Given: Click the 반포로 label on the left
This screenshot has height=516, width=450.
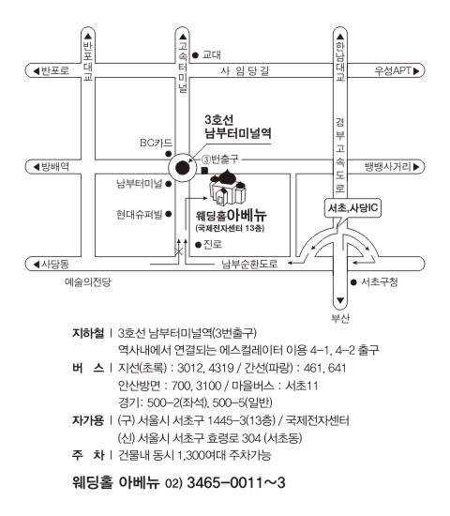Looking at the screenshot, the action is point(55,70).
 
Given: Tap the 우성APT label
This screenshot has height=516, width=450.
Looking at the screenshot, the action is point(393,70).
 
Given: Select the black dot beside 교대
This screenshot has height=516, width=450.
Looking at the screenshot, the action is point(195,55).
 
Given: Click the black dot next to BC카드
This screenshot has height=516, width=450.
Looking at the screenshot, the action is point(169,154).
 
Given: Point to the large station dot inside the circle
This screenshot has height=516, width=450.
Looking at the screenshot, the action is point(183,168).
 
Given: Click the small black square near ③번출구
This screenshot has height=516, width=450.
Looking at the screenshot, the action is point(204,170).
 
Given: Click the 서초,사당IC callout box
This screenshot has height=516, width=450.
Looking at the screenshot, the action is point(352,208).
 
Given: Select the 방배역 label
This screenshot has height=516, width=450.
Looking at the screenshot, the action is point(55,167).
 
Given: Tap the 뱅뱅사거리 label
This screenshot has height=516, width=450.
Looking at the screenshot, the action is point(388,167).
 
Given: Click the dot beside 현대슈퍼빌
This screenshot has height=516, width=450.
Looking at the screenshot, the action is point(169,214).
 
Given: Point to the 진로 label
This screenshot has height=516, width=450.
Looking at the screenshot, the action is point(213,244).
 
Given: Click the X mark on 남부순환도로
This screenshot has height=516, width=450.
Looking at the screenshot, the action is point(179,252).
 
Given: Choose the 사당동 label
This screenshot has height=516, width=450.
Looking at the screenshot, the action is point(55,264).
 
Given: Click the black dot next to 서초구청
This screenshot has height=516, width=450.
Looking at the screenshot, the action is point(353,282).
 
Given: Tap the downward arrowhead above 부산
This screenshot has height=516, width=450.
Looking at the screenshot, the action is point(340,301).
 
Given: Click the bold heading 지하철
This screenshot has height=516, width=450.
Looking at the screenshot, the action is point(88,333).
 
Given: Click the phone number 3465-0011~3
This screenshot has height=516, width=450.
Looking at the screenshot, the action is point(236,483).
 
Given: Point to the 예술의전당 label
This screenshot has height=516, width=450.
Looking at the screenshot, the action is point(88,282).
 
